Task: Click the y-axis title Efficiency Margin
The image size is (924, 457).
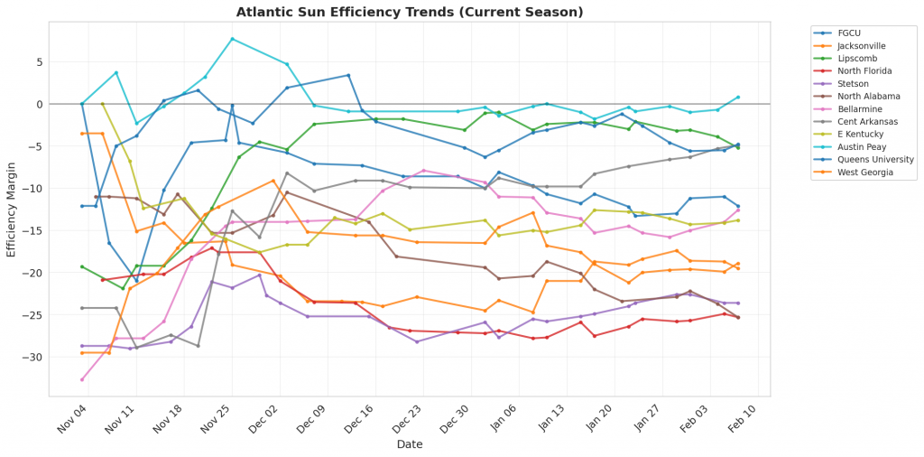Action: [x=12, y=207]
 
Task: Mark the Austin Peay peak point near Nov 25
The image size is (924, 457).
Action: [x=232, y=39]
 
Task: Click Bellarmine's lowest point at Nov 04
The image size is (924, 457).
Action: [x=82, y=379]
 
